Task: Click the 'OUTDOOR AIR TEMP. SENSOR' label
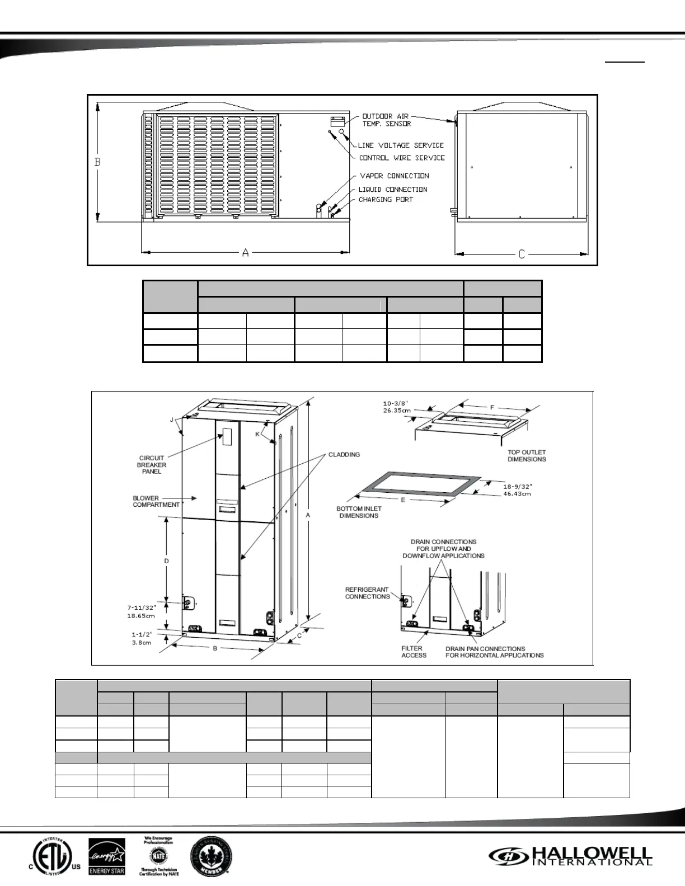[x=386, y=120]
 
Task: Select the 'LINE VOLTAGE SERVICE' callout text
[x=401, y=145]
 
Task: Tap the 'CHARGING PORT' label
[x=386, y=200]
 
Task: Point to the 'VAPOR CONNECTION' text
[x=394, y=176]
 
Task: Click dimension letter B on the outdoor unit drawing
[x=97, y=162]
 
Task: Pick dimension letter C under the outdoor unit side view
[x=522, y=255]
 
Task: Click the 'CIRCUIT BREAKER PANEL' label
[x=152, y=465]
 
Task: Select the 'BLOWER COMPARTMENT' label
[x=156, y=501]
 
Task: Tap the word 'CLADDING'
[x=344, y=454]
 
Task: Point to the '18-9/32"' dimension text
[x=517, y=487]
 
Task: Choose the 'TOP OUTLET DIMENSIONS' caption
[x=527, y=455]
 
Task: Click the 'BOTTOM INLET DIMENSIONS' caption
[x=359, y=512]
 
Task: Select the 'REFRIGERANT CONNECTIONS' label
[x=367, y=593]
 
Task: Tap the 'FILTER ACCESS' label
[x=414, y=652]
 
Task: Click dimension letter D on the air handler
[x=166, y=561]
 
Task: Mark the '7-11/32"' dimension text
[x=140, y=607]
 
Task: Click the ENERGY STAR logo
[x=107, y=855]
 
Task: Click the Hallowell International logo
[x=571, y=855]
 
